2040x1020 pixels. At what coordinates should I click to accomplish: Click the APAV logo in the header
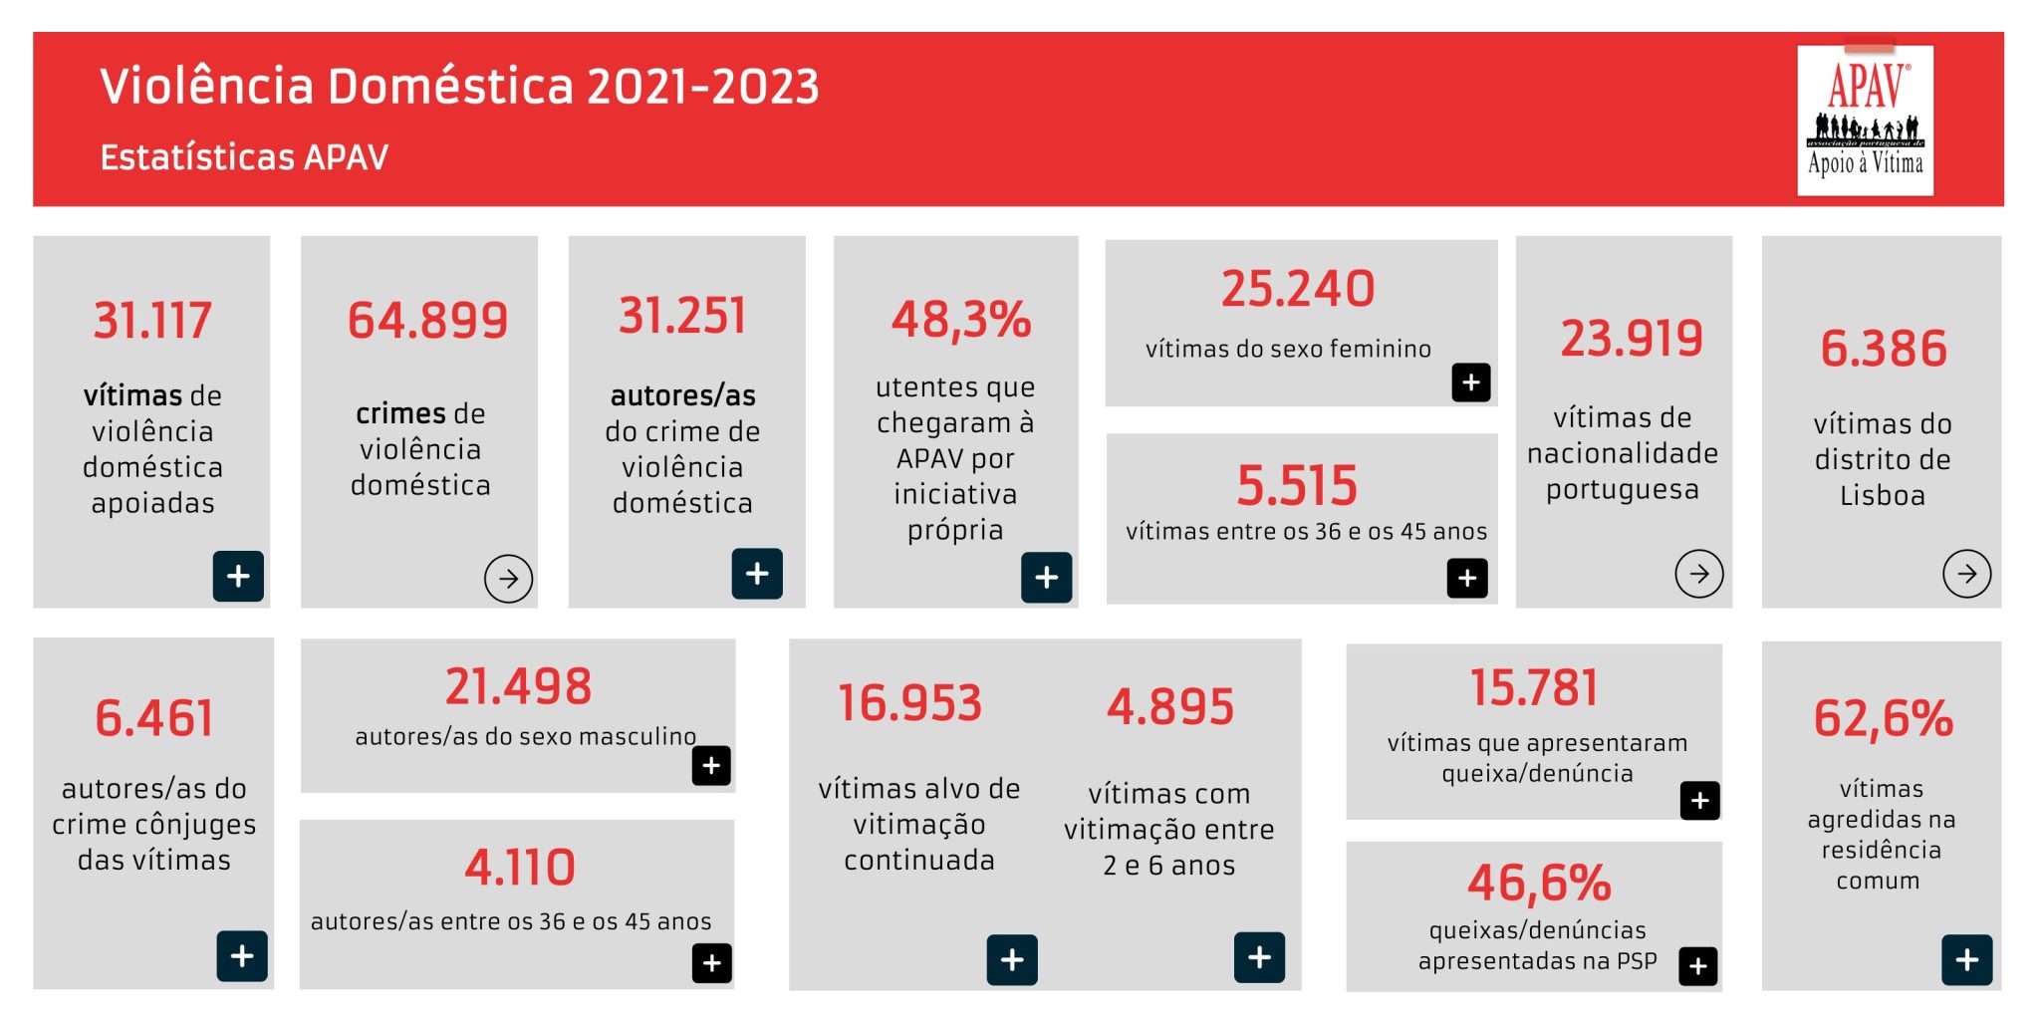pyautogui.click(x=1865, y=120)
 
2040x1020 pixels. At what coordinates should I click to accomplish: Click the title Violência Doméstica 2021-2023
pyautogui.click(x=459, y=86)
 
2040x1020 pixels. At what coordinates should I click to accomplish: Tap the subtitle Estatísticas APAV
pyautogui.click(x=244, y=157)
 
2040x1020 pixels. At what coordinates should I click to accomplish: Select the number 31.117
pyautogui.click(x=152, y=321)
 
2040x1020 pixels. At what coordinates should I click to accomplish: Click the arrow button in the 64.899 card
pyautogui.click(x=508, y=579)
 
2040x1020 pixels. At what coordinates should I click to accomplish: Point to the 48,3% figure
pyautogui.click(x=960, y=320)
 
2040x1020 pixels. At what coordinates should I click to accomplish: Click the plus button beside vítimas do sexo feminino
pyautogui.click(x=1470, y=382)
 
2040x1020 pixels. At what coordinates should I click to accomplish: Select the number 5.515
pyautogui.click(x=1297, y=485)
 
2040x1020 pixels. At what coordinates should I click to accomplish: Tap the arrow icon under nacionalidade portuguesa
pyautogui.click(x=1698, y=574)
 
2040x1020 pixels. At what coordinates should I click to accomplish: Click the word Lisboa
pyautogui.click(x=1882, y=495)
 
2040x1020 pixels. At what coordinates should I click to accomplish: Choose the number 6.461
pyautogui.click(x=154, y=718)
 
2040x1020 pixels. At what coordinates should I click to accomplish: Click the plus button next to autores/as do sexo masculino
pyautogui.click(x=711, y=766)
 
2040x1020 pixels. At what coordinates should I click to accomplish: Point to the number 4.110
pyautogui.click(x=520, y=867)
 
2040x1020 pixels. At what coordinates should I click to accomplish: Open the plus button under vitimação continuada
pyautogui.click(x=1012, y=960)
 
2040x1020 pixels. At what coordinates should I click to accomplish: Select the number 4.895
pyautogui.click(x=1170, y=707)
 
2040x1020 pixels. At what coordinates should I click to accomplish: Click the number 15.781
pyautogui.click(x=1534, y=688)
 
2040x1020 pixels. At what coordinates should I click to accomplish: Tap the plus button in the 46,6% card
pyautogui.click(x=1698, y=965)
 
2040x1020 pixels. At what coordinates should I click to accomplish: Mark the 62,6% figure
pyautogui.click(x=1883, y=718)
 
